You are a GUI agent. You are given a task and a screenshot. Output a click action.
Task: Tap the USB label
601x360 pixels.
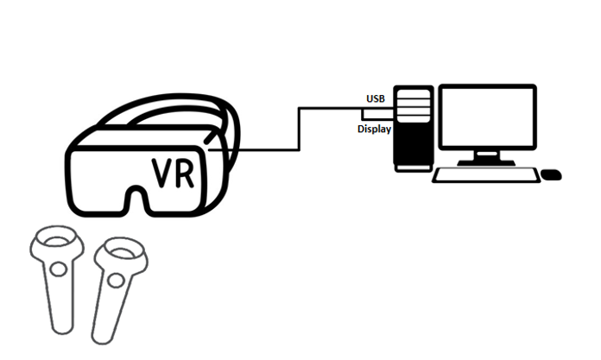coord(375,98)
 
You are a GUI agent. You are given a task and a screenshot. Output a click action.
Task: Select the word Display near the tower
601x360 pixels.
coord(375,129)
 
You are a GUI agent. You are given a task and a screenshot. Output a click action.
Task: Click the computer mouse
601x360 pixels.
coord(551,174)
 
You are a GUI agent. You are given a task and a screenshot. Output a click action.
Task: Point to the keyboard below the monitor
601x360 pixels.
coord(484,174)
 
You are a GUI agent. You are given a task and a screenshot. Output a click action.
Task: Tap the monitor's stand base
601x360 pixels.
coord(487,161)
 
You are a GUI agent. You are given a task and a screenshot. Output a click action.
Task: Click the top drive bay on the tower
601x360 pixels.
coord(412,97)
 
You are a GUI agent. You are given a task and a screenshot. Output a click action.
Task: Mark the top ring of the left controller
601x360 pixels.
coord(54,238)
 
